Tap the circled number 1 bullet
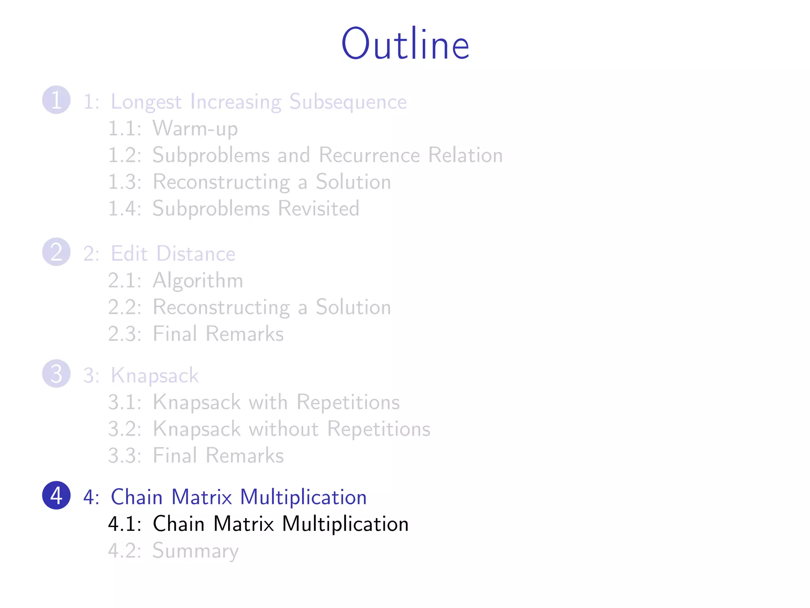(x=56, y=100)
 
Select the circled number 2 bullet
(x=56, y=252)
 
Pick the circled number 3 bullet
(x=56, y=374)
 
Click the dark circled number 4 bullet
(x=56, y=495)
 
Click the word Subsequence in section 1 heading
(x=348, y=102)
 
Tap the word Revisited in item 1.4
(x=318, y=208)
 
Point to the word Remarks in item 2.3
(x=244, y=334)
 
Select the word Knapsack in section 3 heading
(x=154, y=376)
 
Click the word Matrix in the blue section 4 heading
(x=201, y=497)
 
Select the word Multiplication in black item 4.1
(x=345, y=524)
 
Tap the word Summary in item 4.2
(x=195, y=551)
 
